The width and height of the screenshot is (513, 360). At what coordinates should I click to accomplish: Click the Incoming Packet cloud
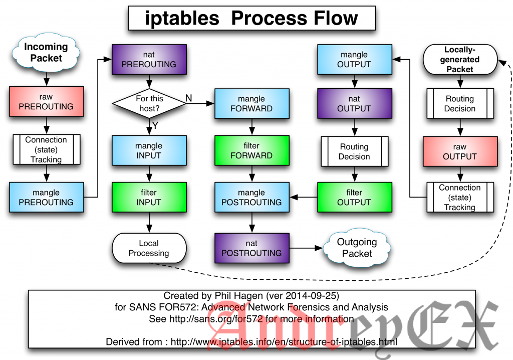click(x=46, y=52)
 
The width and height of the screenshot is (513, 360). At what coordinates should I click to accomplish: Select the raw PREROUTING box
click(x=46, y=102)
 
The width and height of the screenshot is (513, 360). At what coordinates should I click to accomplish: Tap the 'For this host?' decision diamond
click(x=149, y=103)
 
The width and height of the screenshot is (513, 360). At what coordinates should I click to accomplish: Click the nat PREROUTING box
click(x=149, y=60)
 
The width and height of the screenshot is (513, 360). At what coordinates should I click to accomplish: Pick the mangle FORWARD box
click(x=251, y=103)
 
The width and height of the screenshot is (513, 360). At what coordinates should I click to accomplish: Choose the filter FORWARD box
click(x=251, y=151)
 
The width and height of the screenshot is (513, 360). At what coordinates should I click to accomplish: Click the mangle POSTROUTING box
click(x=251, y=197)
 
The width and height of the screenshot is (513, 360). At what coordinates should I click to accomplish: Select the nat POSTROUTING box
click(x=251, y=248)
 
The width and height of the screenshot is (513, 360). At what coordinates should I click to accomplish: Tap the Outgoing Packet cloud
click(x=357, y=248)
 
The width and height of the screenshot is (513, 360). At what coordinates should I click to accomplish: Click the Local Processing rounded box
click(x=149, y=248)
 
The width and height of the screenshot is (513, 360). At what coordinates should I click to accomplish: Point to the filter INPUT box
click(x=149, y=197)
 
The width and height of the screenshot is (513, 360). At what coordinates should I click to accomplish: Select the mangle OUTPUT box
click(x=354, y=60)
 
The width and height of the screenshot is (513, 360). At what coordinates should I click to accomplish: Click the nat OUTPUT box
click(x=354, y=103)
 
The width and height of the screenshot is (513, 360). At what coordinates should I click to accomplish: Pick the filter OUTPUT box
click(x=354, y=197)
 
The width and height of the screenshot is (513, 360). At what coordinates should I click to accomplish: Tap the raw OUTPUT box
click(x=459, y=151)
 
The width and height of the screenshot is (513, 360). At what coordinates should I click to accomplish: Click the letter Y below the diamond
click(x=155, y=125)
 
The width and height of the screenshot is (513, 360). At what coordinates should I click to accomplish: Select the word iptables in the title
click(x=182, y=19)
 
